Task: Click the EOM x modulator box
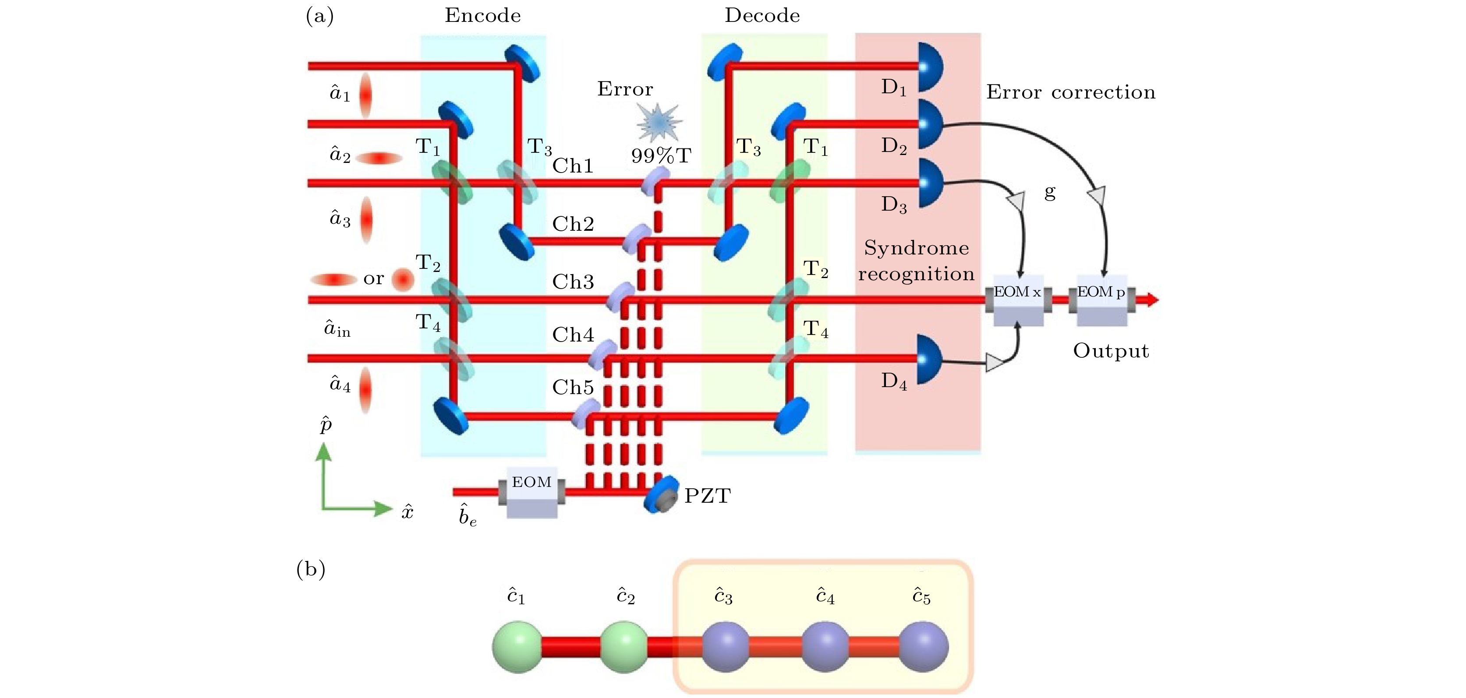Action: [x=1018, y=300]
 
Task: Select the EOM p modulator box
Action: [x=1102, y=300]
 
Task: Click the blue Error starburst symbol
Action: [x=659, y=121]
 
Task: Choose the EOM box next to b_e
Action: [x=531, y=492]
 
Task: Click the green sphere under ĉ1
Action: [x=517, y=647]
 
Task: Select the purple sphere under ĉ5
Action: [x=923, y=647]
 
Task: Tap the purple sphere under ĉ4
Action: [x=825, y=647]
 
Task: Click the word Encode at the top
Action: [x=482, y=15]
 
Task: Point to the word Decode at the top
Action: [x=762, y=15]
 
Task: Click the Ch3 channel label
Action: [x=573, y=282]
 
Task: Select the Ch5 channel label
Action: [x=573, y=388]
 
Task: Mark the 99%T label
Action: [x=661, y=155]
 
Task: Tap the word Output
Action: [x=1111, y=351]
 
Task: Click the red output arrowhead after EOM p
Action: [x=1152, y=300]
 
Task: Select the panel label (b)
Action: [x=311, y=569]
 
